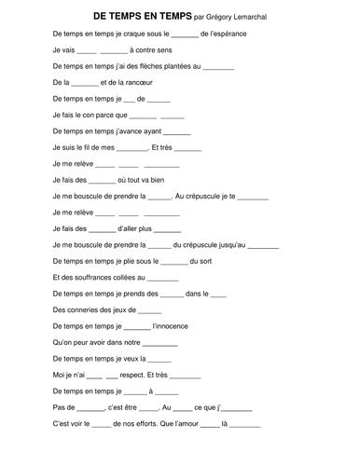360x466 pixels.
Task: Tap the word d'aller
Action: coord(133,228)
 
